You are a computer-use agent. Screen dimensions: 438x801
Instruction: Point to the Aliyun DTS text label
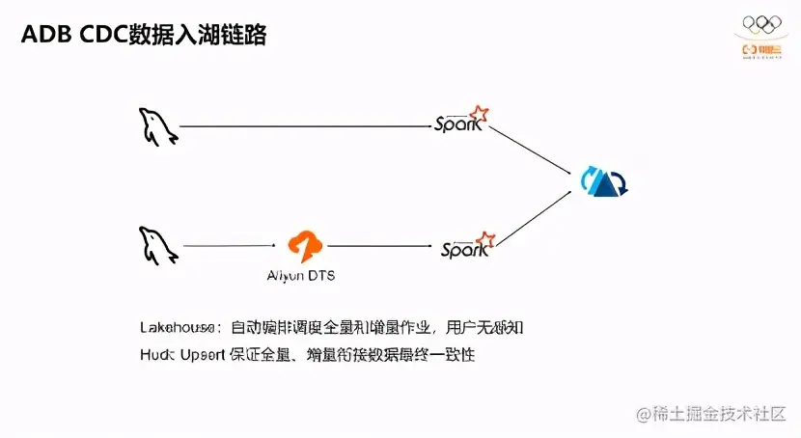(x=301, y=275)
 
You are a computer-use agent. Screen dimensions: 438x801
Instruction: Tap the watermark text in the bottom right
(x=709, y=413)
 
